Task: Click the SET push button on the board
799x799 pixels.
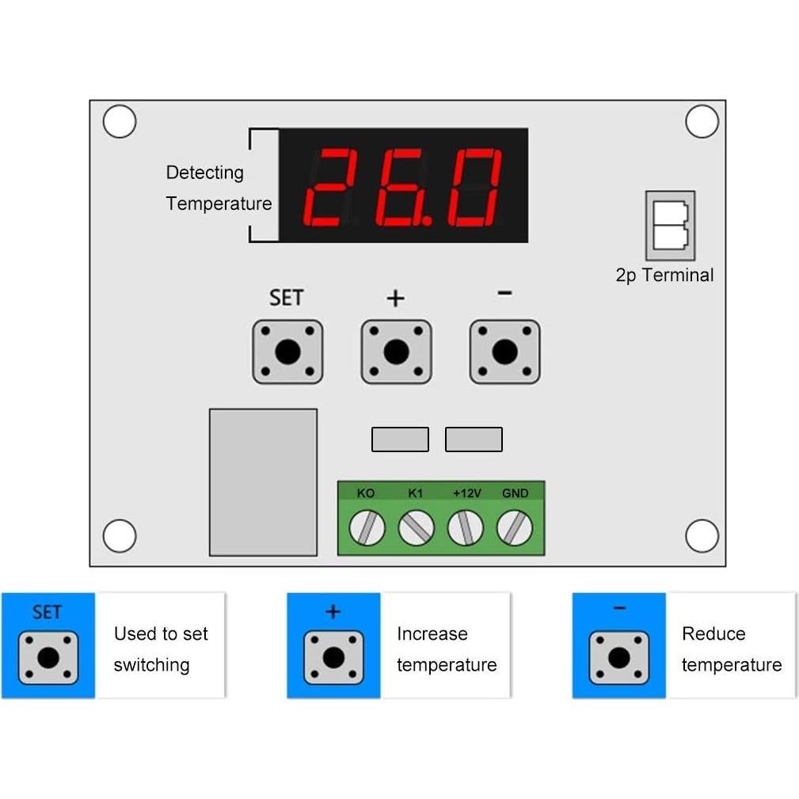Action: [287, 352]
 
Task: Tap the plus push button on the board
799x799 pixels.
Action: [396, 352]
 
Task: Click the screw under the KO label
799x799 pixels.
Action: [367, 527]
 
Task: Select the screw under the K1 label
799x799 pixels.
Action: [417, 527]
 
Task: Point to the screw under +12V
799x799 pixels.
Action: [466, 527]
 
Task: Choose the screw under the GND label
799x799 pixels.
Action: [515, 527]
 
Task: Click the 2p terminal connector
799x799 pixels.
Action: [670, 226]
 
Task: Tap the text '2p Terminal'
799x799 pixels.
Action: [664, 276]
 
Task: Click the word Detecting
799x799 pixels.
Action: [204, 173]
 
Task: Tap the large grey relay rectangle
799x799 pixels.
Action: [263, 481]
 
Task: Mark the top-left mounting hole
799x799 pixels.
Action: [120, 122]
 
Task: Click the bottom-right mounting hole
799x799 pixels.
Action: [702, 536]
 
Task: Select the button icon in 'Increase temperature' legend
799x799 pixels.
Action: [333, 657]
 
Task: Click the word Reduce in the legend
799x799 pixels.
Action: [713, 633]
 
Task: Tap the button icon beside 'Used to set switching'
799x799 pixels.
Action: [48, 657]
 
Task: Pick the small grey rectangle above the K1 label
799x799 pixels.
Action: [400, 439]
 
